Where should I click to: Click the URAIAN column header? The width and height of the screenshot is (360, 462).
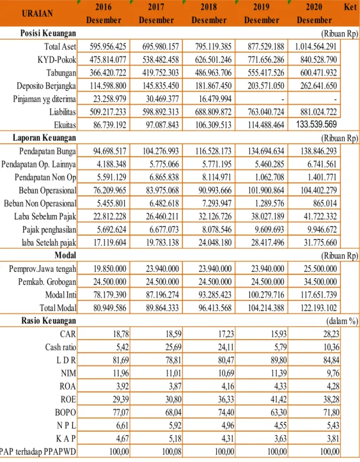37,14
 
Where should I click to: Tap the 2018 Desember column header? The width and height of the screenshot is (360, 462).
209,14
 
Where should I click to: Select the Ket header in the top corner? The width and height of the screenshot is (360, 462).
350,7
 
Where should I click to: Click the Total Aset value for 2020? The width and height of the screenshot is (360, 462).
315,46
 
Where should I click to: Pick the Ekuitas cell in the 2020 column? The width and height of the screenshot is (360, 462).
317,124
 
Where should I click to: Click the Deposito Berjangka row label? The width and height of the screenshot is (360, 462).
46,86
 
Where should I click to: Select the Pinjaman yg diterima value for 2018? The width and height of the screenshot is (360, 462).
215,99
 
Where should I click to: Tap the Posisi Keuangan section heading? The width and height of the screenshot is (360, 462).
48,33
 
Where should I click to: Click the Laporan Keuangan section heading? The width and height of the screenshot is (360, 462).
44,138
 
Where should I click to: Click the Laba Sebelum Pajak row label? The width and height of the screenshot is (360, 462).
45,217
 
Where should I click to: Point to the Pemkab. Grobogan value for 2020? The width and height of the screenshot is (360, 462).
320,281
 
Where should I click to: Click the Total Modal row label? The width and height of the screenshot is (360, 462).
58,308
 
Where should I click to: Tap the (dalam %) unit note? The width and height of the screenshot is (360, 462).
342,321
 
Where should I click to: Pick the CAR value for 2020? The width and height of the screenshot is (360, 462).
331,334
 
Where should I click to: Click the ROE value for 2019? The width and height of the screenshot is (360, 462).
279,399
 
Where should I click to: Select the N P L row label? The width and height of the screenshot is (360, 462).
67,425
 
